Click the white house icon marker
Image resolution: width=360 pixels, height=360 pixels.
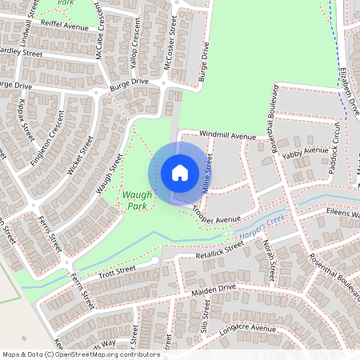coord(180,173)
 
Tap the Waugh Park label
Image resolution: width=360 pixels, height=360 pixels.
coord(133,200)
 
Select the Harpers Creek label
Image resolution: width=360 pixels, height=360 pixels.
coord(262,228)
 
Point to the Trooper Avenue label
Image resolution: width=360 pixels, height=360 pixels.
coord(216,216)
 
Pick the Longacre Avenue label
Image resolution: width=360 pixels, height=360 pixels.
coord(248,328)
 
